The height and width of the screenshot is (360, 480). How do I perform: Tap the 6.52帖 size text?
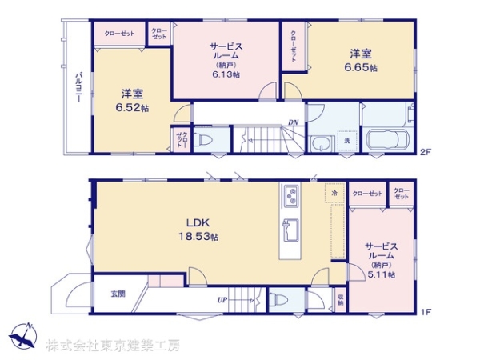click(x=132, y=107)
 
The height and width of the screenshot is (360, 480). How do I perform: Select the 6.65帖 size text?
click(x=360, y=67)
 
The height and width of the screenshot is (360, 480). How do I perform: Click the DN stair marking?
click(x=294, y=122)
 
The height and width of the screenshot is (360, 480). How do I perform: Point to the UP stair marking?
click(x=221, y=300)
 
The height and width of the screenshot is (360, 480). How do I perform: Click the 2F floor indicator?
click(x=425, y=151)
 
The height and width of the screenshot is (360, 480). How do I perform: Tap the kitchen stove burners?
click(x=290, y=194)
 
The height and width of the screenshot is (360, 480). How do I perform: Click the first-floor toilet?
click(x=277, y=300)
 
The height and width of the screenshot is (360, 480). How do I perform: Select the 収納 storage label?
click(x=339, y=301)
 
